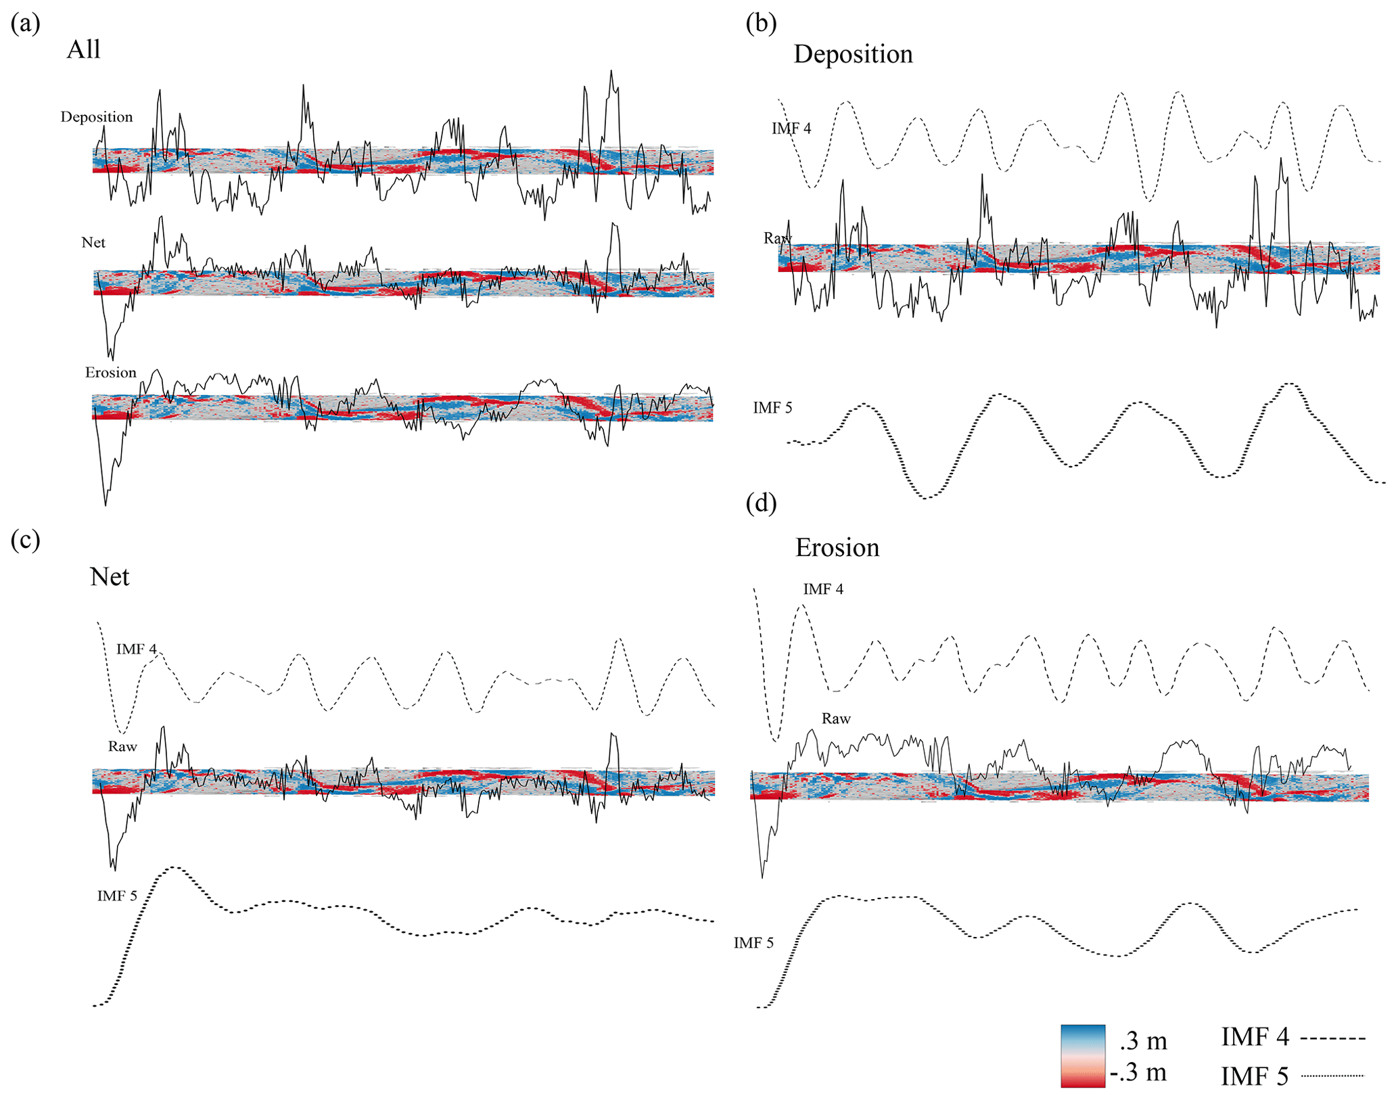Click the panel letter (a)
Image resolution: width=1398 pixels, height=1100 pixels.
point(26,24)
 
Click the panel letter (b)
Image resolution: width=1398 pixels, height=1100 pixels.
point(761,24)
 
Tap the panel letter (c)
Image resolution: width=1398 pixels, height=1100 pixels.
point(26,540)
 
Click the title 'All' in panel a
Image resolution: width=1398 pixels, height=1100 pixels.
point(83,49)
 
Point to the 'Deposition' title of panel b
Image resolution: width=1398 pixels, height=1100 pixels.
point(853,54)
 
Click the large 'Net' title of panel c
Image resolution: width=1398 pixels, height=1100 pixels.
point(109,576)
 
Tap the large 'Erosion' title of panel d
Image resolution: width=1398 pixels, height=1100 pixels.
point(837,547)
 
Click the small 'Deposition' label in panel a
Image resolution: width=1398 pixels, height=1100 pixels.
point(97,117)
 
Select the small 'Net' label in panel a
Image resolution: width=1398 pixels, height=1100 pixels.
point(93,243)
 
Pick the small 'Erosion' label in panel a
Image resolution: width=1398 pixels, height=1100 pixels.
point(110,373)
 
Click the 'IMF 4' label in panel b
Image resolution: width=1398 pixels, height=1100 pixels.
point(791,129)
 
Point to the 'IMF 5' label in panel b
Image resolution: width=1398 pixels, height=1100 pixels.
point(772,408)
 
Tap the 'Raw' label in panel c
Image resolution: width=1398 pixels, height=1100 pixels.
point(122,747)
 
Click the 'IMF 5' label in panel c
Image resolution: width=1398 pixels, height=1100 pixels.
point(117,896)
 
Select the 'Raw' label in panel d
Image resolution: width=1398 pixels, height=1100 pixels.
point(836,719)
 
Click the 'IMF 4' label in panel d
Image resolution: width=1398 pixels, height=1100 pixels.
point(823,589)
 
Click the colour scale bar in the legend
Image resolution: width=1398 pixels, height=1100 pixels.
point(1083,1056)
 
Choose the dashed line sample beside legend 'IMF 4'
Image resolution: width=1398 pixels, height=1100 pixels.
point(1332,1038)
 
